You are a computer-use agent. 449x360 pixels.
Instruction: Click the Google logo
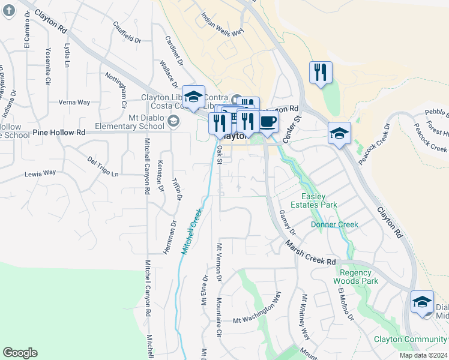tap(20, 353)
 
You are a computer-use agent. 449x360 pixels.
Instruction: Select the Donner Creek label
tap(334, 225)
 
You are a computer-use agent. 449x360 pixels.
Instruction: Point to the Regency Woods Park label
tap(355, 277)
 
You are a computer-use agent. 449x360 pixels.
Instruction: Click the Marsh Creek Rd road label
tap(310, 253)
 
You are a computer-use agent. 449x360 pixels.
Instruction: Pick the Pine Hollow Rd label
tap(59, 132)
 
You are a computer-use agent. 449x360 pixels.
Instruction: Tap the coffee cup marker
tap(268, 122)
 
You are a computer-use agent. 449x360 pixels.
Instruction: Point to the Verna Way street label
tap(74, 103)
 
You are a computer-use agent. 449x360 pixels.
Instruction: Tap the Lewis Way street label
tap(40, 173)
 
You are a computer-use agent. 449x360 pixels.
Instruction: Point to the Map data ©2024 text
tap(423, 355)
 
